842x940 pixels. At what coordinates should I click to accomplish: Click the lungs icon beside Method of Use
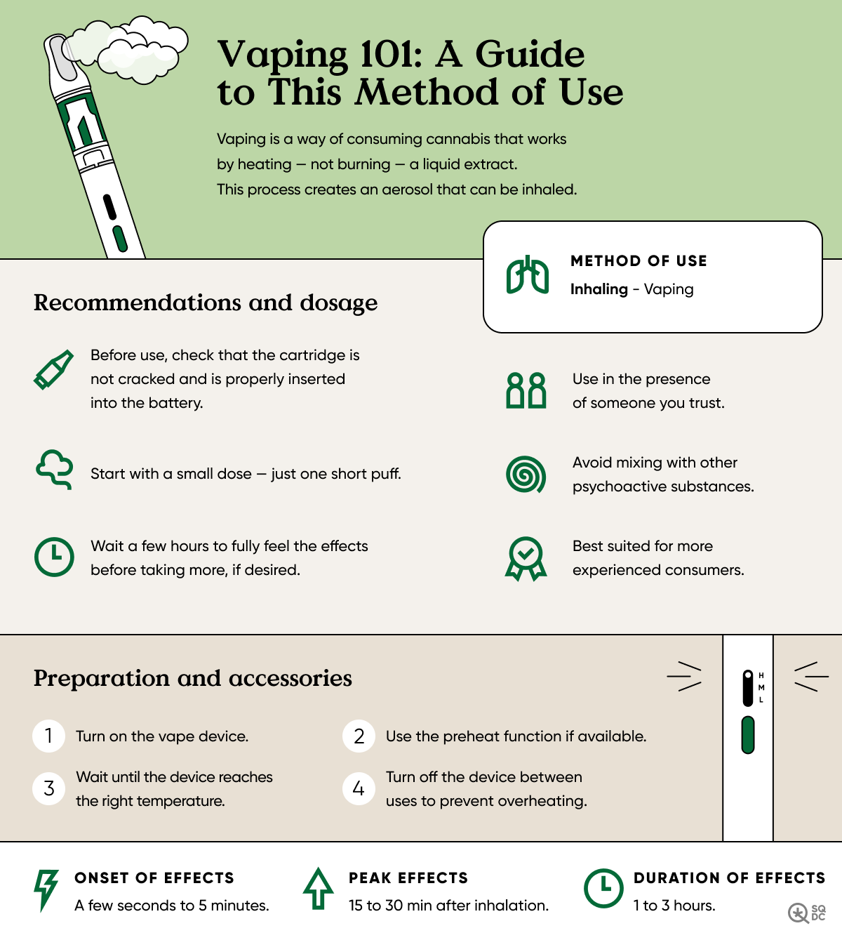(x=528, y=276)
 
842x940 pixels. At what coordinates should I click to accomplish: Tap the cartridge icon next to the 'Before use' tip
(x=53, y=369)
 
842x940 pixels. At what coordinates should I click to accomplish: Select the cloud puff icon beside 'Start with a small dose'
(x=54, y=468)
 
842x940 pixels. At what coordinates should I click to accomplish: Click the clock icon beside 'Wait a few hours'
(x=54, y=557)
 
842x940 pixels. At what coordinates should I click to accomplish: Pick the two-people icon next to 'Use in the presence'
(x=526, y=390)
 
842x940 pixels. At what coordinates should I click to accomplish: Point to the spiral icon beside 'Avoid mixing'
(x=526, y=474)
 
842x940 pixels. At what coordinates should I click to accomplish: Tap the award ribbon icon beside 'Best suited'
(x=526, y=559)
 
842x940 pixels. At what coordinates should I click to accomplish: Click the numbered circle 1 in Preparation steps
(x=49, y=736)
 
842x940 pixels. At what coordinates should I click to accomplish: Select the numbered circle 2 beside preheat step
(x=359, y=736)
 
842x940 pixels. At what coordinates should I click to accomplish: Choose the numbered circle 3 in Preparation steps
(x=49, y=788)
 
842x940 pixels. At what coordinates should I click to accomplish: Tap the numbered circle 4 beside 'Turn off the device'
(x=359, y=788)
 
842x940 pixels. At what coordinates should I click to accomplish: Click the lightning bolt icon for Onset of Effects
(x=46, y=890)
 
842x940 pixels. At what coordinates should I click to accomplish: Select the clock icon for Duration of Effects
(x=603, y=889)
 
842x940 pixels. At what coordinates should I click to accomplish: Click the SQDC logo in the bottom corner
(x=807, y=913)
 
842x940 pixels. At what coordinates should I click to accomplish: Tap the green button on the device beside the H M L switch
(x=748, y=735)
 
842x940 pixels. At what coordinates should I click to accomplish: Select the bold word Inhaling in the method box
(x=599, y=289)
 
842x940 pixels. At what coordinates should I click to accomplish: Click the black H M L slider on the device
(x=748, y=688)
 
